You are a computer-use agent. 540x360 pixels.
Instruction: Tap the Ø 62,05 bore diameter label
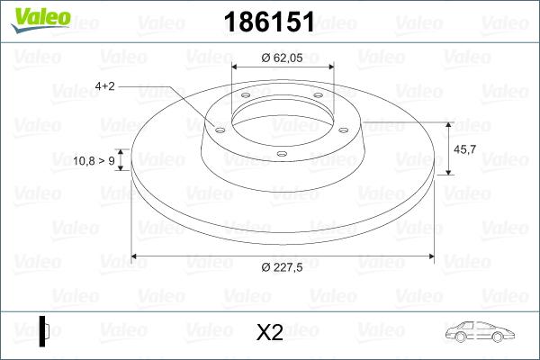click(282, 57)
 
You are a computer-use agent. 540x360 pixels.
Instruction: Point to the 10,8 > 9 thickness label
click(94, 161)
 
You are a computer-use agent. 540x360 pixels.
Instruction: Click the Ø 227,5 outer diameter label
click(283, 267)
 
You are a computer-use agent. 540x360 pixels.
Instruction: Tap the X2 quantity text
click(270, 332)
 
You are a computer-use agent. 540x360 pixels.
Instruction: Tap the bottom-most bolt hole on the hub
click(282, 154)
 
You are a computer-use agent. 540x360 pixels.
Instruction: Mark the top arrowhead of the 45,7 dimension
click(448, 123)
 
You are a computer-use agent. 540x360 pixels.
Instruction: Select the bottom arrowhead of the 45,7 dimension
click(448, 172)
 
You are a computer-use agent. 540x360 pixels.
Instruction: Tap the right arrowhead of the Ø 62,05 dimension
click(329, 67)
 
